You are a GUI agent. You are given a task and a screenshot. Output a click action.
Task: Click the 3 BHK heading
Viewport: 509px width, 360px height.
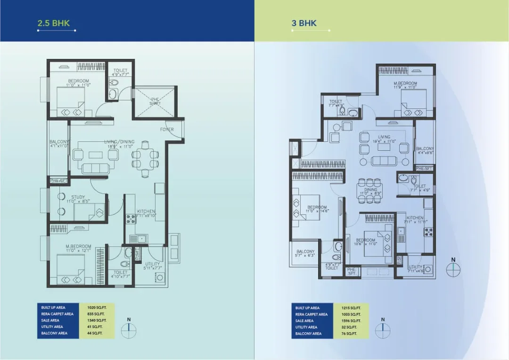[x=304, y=23]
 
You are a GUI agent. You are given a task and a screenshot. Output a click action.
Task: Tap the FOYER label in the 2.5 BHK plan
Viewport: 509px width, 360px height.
[x=167, y=130]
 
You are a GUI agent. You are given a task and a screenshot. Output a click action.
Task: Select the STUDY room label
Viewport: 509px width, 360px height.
[x=78, y=197]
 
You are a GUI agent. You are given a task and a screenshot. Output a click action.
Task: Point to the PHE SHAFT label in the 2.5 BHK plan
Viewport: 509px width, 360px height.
[x=155, y=101]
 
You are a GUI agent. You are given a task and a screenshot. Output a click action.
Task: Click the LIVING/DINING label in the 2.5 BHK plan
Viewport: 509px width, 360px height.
[x=119, y=142]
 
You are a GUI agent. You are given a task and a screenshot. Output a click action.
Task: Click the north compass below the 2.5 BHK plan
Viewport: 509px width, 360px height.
[x=128, y=329]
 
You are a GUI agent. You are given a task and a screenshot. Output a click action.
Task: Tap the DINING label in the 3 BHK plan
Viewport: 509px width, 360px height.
[x=369, y=190]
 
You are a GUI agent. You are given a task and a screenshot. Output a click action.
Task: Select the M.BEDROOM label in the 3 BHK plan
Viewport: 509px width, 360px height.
[x=406, y=83]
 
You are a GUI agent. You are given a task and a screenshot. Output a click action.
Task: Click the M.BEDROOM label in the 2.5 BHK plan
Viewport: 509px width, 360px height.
[x=79, y=247]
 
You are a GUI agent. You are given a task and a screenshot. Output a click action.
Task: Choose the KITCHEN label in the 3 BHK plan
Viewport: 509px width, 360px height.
[x=415, y=218]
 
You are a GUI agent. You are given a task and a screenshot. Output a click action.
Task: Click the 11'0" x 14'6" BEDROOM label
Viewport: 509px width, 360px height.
[x=317, y=207]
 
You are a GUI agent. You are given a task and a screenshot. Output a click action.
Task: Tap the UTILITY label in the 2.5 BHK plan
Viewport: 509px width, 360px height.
[x=152, y=264]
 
